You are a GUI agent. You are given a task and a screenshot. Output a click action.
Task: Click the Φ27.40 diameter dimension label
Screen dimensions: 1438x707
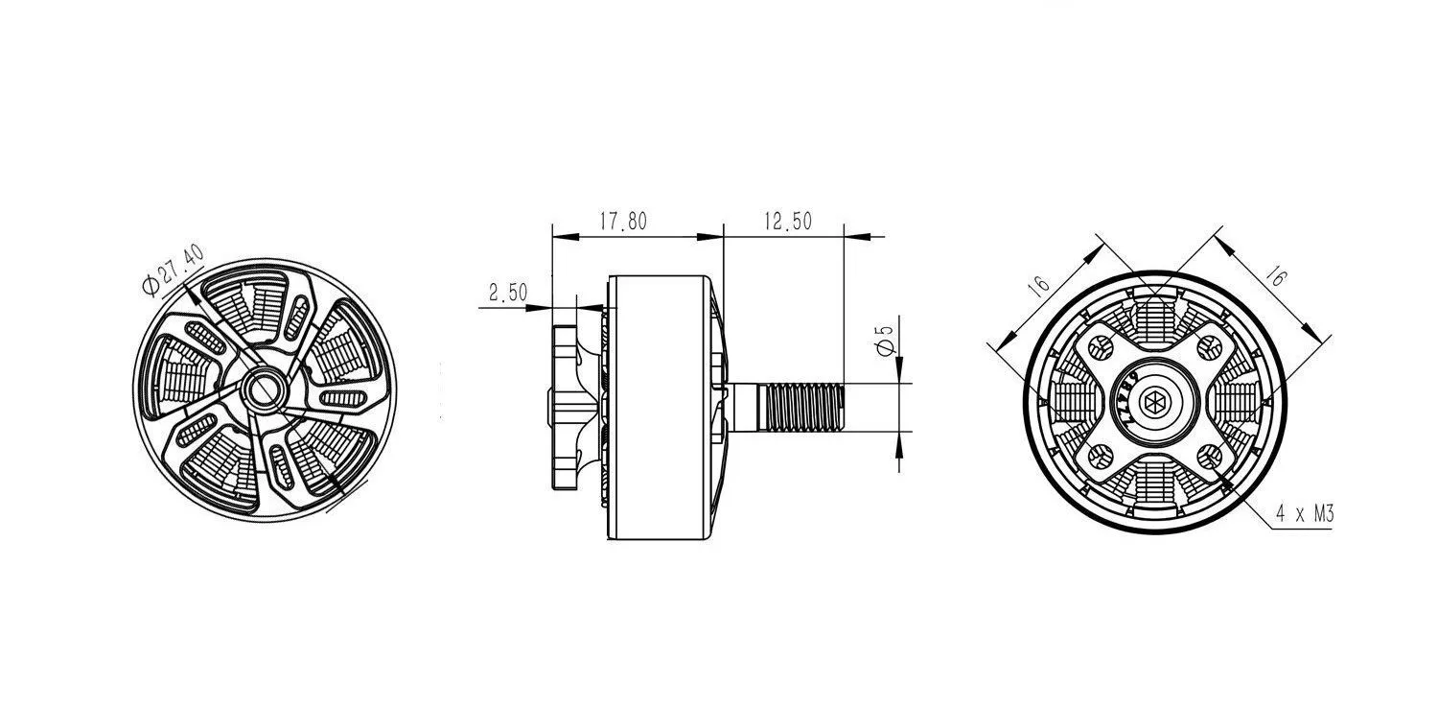(x=173, y=270)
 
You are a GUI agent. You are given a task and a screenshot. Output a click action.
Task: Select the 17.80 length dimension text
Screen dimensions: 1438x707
(x=623, y=221)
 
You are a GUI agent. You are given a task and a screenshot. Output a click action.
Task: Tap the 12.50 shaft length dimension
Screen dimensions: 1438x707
(x=788, y=221)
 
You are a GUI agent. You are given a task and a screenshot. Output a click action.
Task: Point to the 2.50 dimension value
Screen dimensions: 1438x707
(x=508, y=293)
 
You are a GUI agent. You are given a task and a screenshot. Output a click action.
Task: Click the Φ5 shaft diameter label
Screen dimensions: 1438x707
(x=885, y=340)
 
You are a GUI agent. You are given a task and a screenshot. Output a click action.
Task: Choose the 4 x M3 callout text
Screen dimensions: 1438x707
(x=1305, y=514)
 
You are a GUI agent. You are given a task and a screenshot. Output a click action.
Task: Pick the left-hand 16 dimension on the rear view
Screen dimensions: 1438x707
(x=1037, y=285)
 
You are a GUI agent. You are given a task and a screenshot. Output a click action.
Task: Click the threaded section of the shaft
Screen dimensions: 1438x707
(x=801, y=407)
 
